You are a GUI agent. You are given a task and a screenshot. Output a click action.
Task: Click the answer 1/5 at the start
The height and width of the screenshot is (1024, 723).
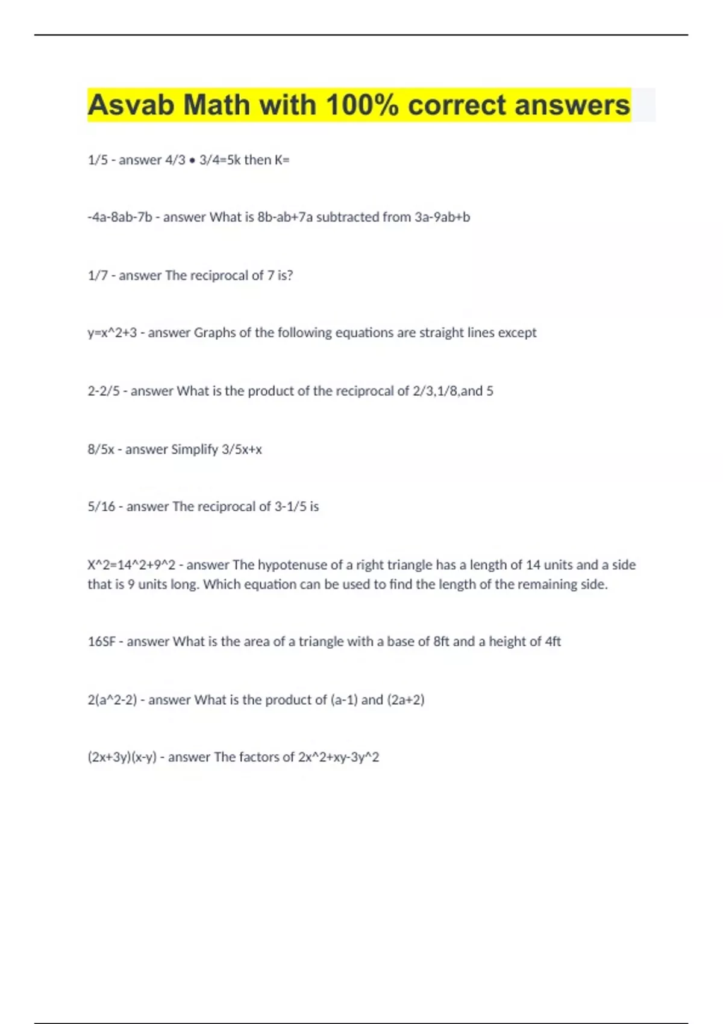pos(98,160)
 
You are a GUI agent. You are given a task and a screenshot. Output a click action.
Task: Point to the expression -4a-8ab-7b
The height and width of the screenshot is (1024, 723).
pos(120,217)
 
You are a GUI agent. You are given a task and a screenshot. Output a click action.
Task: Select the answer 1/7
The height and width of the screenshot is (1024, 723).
pos(98,275)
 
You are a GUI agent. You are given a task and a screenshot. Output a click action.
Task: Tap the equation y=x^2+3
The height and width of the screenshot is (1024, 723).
pos(112,332)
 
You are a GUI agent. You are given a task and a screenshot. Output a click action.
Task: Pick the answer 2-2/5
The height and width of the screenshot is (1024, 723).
pos(104,391)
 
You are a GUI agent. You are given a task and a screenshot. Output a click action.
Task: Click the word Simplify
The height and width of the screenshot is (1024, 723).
pos(195,449)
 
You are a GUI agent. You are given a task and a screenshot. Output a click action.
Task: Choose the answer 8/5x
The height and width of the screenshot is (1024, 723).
pos(101,449)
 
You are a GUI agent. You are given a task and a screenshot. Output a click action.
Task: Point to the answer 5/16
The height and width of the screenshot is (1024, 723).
pos(101,507)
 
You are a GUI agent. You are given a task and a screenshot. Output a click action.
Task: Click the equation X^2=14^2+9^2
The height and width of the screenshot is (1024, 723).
pos(131,565)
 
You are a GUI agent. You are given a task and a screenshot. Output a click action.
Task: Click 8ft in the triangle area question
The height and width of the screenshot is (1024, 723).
pos(441,642)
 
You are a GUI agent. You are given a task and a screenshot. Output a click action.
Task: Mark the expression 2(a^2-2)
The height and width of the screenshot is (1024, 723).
pos(112,700)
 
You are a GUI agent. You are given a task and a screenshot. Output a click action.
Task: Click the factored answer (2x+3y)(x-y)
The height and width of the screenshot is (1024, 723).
pos(122,757)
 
